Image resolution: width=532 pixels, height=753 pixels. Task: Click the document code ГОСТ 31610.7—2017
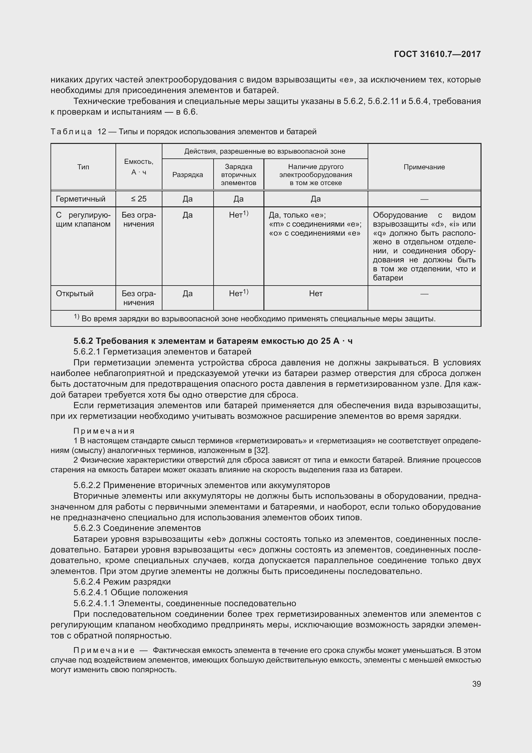coord(437,54)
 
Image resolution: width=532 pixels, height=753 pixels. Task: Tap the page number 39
coord(476,684)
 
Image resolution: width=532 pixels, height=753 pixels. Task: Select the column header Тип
coord(83,167)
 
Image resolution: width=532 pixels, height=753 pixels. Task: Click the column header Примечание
coord(424,167)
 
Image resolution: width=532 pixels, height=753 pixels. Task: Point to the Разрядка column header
coord(188,175)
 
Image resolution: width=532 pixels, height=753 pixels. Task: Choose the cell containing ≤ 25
coord(139,199)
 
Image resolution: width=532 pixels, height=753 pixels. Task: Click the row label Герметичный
coord(81,199)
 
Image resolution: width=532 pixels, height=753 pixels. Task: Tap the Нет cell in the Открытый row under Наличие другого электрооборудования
coord(316,293)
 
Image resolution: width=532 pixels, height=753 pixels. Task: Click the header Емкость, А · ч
coord(139,167)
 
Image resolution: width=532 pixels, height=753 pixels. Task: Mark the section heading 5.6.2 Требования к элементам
coord(213,341)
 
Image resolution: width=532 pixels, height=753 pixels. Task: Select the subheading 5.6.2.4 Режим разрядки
coord(122,582)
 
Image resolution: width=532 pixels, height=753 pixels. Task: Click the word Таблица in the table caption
coord(71,132)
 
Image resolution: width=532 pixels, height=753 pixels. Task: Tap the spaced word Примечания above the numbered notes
coord(104,431)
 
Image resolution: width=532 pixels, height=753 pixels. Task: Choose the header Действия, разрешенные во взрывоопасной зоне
coord(264,151)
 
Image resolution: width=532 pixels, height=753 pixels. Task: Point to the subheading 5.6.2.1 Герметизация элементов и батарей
coord(162,352)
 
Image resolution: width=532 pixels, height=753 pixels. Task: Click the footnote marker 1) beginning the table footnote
coord(76,316)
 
